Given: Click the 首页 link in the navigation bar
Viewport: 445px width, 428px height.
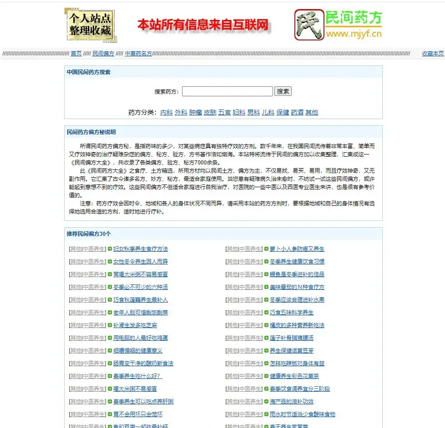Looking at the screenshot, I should tap(76, 54).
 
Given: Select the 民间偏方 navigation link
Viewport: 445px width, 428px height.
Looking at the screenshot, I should tap(103, 54).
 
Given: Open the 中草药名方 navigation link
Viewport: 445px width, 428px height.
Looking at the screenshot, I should tap(138, 54).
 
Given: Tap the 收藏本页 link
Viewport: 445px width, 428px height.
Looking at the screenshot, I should tap(432, 54).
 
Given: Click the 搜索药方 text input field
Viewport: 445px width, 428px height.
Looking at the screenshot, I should tap(227, 91).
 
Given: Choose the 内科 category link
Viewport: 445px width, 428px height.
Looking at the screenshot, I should tap(167, 112).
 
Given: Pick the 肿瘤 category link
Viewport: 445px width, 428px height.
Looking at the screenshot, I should tap(196, 112).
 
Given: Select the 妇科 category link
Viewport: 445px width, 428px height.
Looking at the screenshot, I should tap(239, 112).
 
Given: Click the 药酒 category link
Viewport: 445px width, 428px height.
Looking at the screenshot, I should tap(297, 112).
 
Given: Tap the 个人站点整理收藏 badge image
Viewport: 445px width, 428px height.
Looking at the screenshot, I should tap(90, 25).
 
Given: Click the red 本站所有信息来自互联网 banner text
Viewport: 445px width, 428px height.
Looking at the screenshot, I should tap(203, 25).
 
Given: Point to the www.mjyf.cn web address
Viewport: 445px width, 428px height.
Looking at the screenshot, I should tap(354, 34).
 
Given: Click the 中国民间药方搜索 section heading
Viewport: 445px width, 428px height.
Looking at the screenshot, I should tap(88, 72).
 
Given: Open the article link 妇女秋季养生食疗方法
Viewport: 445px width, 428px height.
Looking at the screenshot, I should tap(141, 249).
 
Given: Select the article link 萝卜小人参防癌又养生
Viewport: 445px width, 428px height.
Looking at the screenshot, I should tap(297, 249).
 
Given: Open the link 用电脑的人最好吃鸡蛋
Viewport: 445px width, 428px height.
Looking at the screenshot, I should tap(141, 338).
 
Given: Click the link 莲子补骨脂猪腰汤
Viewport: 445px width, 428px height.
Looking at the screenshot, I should tap(292, 338).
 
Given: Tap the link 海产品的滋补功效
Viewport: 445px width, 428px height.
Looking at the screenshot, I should tap(292, 402).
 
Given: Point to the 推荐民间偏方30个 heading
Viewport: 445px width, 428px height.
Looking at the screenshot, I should tap(89, 234).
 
